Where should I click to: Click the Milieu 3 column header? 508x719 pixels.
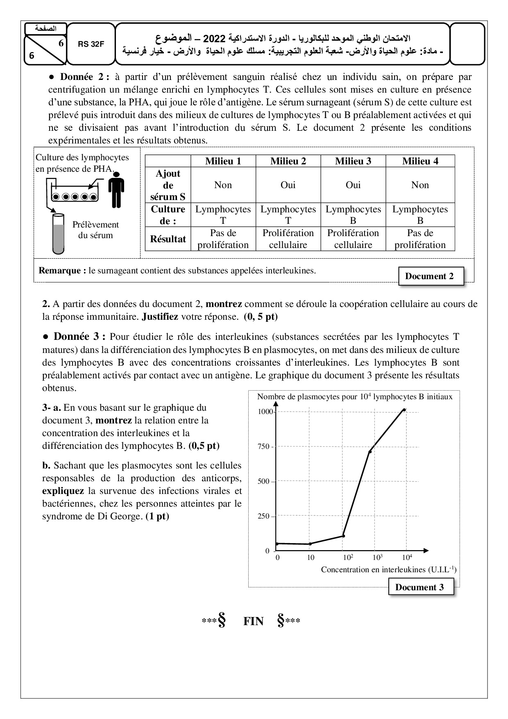353,161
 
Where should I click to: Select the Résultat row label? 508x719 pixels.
168,239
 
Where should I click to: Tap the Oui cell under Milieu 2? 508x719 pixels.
288,185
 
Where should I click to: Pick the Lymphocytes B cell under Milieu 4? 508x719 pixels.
420,215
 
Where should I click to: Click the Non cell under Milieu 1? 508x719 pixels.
223,185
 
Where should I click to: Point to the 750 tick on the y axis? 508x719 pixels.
264,446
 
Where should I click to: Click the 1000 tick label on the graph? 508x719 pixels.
264,412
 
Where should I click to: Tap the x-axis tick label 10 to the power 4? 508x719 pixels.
407,557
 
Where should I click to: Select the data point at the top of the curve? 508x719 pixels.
404,410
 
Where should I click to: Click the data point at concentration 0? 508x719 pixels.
277,544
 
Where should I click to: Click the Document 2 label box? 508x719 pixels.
429,276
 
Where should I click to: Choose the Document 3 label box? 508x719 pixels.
419,587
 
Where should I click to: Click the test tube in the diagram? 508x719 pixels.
59,234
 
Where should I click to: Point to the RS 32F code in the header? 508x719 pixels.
91,45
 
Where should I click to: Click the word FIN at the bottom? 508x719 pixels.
253,621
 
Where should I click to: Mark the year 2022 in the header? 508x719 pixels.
214,39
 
